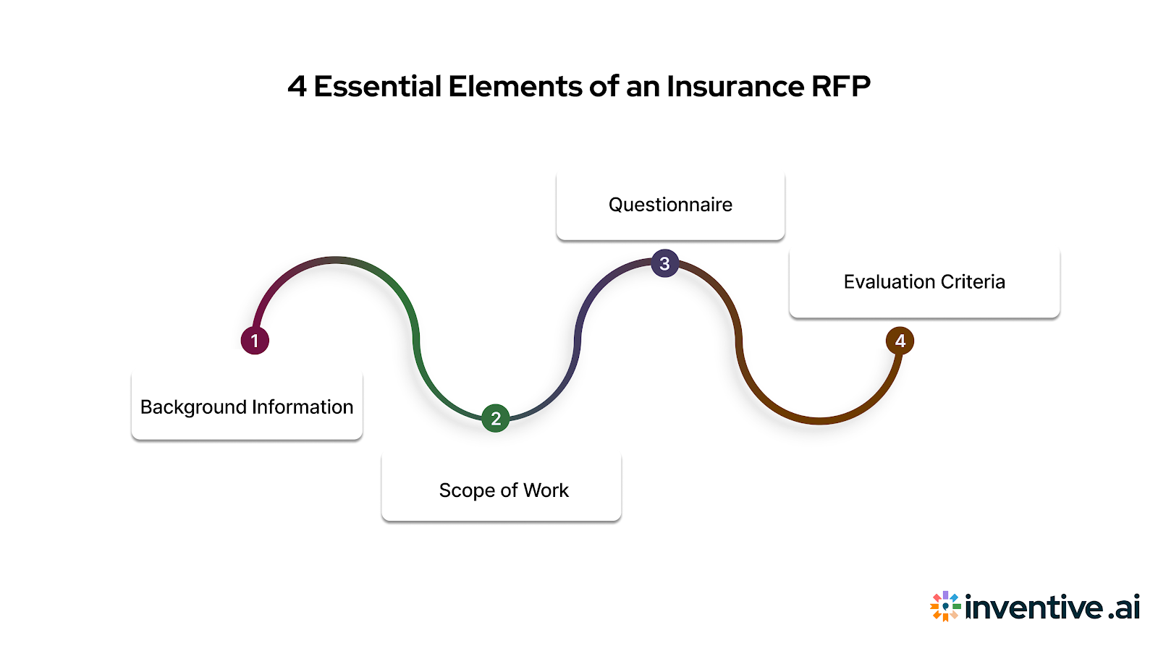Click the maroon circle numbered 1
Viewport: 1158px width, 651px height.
coord(255,340)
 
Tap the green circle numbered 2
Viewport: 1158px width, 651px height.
coord(496,418)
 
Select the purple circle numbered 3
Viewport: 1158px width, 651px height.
coord(664,263)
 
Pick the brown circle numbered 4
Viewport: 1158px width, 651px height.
coord(900,341)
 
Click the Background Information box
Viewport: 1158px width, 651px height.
coord(247,407)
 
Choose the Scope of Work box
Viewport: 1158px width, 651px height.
coord(502,489)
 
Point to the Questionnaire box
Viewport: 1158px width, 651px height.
coord(670,205)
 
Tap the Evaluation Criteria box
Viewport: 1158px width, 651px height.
coord(924,282)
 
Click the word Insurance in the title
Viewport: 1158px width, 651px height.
coord(735,87)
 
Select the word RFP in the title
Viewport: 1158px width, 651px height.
coord(840,87)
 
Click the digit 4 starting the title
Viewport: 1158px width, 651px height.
coord(297,87)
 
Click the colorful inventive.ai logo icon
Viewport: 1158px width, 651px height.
coord(945,606)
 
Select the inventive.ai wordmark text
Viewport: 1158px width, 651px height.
coord(1052,606)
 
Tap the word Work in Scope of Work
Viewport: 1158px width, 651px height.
coord(546,490)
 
